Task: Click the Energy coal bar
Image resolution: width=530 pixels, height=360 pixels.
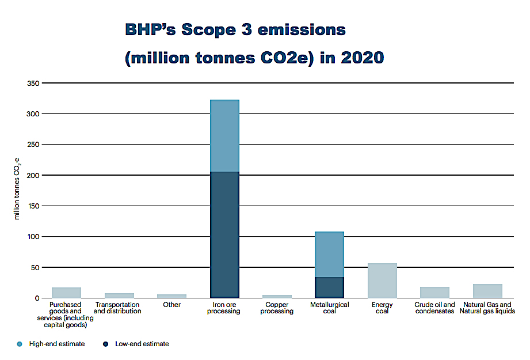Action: [x=382, y=281]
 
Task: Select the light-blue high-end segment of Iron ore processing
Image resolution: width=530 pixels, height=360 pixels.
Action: [x=224, y=136]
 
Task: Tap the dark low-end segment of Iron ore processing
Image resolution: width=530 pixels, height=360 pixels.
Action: [x=224, y=234]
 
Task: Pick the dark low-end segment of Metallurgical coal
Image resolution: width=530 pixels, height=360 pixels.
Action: [x=329, y=287]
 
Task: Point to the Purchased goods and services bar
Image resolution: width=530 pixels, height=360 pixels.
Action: [x=66, y=293]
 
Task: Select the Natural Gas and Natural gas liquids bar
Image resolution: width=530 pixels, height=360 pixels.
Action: [x=487, y=291]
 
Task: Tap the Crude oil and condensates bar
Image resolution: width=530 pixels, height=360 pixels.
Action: [x=435, y=292]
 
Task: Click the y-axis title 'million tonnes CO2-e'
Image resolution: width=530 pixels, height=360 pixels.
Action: [x=17, y=190]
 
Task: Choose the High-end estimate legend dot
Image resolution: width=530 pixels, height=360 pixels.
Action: [x=20, y=344]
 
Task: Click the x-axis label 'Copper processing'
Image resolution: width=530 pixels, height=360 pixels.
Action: [x=277, y=308]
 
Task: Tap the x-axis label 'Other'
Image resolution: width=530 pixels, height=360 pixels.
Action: [x=171, y=305]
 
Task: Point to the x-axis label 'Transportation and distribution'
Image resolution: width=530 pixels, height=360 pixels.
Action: [x=117, y=308]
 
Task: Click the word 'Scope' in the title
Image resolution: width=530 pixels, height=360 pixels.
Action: [x=211, y=30]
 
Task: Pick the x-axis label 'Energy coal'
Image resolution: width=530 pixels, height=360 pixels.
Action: [x=382, y=308]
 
